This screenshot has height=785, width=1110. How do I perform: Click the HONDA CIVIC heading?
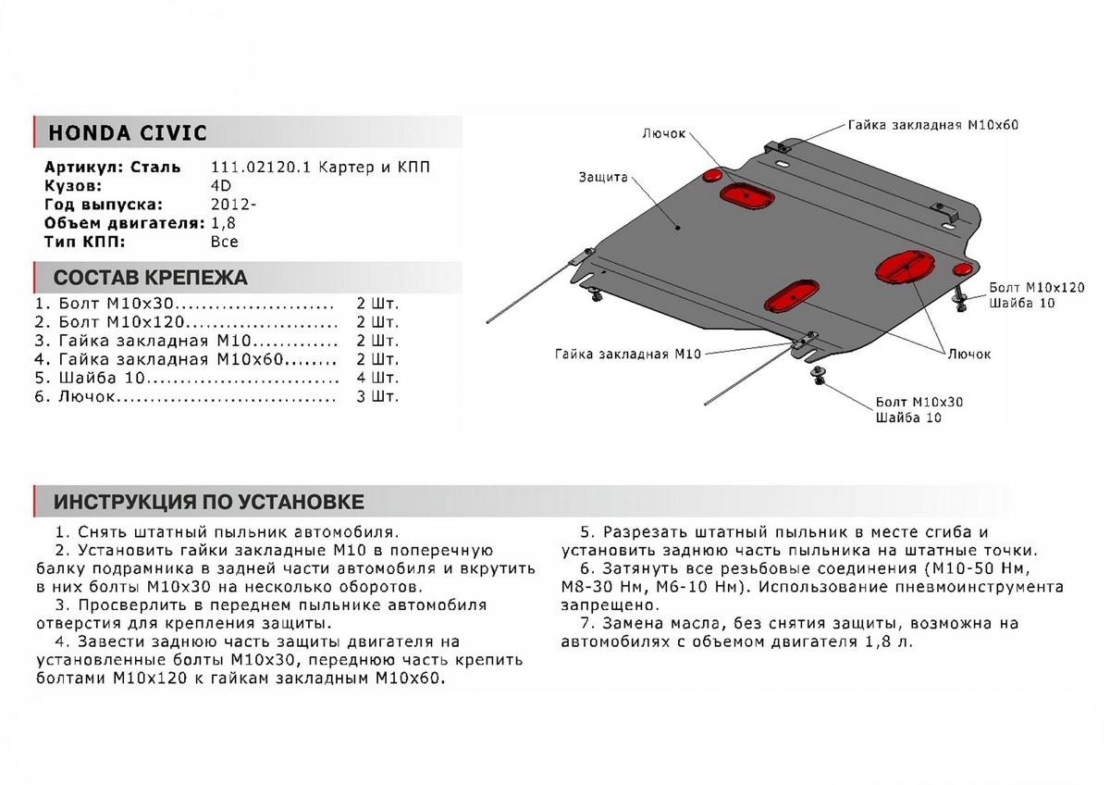tap(128, 132)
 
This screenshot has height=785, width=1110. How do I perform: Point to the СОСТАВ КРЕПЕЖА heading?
tap(151, 278)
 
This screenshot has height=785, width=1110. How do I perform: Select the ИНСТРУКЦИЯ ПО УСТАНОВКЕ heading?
tap(209, 503)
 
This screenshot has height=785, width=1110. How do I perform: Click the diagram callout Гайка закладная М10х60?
tap(932, 125)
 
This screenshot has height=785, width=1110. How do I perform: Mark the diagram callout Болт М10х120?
tap(1036, 288)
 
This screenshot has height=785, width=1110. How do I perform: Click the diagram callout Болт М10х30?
tap(919, 404)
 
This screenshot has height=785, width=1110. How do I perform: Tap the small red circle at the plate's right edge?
tap(962, 268)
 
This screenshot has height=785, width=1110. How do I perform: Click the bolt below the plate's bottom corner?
tap(818, 374)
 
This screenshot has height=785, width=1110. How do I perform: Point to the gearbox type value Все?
tap(225, 242)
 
